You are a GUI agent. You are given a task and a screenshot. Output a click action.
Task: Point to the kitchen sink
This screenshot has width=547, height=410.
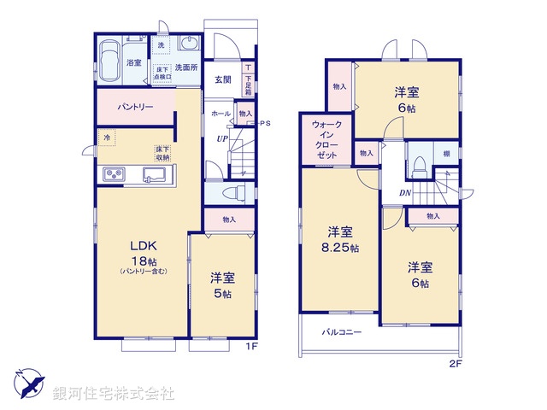point(156,175)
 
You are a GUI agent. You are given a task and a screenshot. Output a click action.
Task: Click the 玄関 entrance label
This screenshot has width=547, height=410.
point(222,81)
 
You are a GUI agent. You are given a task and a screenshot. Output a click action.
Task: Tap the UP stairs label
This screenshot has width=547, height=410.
point(221,139)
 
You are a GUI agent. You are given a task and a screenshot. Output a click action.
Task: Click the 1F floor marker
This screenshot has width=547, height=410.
point(252,345)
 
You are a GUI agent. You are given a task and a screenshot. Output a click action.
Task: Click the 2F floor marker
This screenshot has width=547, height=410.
point(456,363)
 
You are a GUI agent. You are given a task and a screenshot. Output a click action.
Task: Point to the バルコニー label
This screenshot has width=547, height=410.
point(342,331)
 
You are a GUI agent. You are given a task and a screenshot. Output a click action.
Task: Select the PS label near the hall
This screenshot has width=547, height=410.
point(264,123)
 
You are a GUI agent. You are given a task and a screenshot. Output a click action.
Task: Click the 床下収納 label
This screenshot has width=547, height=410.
point(162,153)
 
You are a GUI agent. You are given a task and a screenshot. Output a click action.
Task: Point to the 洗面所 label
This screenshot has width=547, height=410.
point(187,67)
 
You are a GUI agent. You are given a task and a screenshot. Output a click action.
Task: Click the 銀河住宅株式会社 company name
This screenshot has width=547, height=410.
point(113,394)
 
